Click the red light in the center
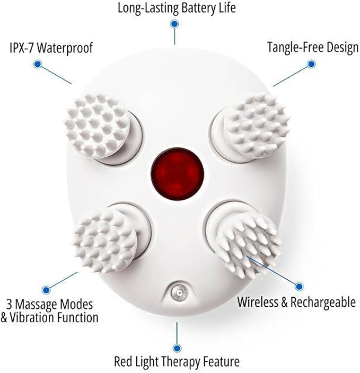178,174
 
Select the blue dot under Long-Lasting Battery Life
174,24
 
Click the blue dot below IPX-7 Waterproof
38,64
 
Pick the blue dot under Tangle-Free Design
311,64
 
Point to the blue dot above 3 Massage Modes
46,290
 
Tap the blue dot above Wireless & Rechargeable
299,287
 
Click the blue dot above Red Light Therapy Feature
177,348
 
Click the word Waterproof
65,48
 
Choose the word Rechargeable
323,303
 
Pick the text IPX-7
22,48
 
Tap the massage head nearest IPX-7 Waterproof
98,126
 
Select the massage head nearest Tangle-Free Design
257,126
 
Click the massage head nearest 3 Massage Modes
105,242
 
